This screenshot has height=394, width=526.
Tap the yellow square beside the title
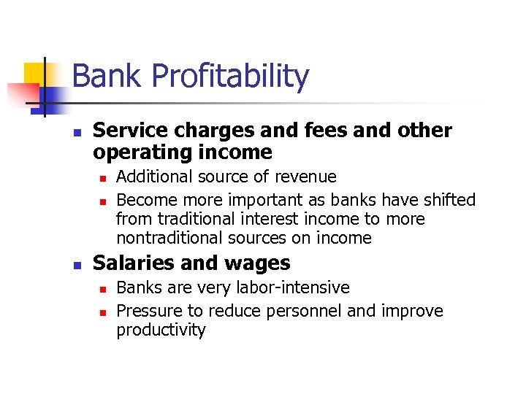click(35, 73)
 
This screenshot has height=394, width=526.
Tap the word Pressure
click(148, 311)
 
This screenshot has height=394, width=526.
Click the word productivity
click(161, 330)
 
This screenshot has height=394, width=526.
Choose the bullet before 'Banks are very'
click(103, 289)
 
